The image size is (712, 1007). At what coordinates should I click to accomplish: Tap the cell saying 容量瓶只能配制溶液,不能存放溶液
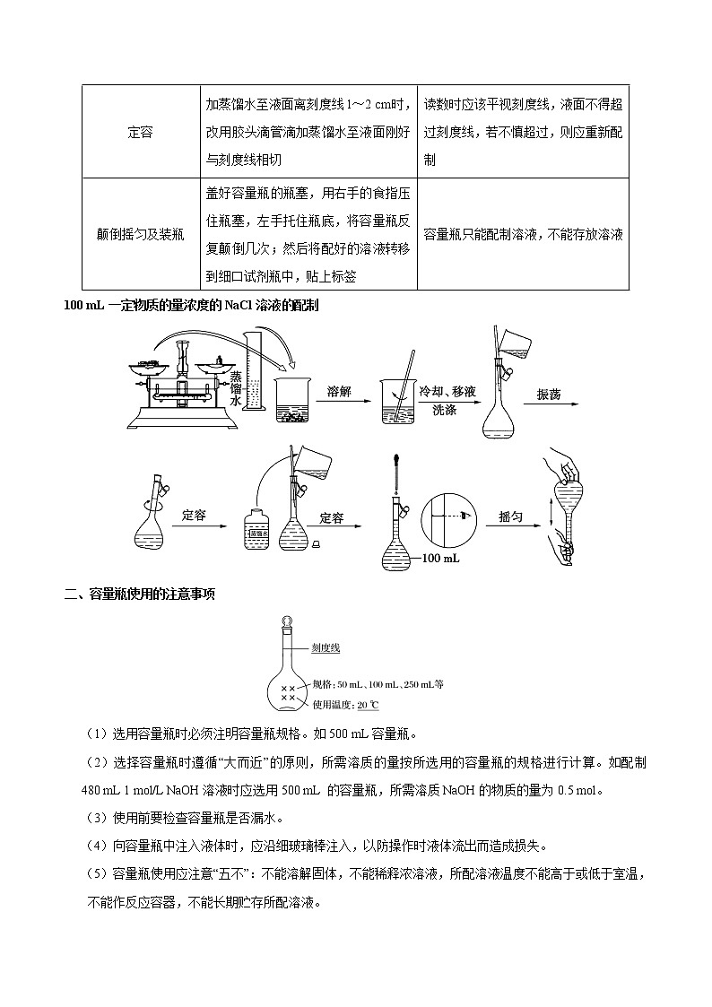(x=524, y=234)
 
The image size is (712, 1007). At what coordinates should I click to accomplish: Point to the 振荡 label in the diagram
(x=549, y=395)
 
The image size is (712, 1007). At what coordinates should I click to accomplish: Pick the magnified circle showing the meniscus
(x=451, y=517)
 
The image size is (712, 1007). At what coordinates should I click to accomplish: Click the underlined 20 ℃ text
(x=369, y=704)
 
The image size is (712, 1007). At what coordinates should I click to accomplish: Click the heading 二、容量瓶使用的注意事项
(x=140, y=595)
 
